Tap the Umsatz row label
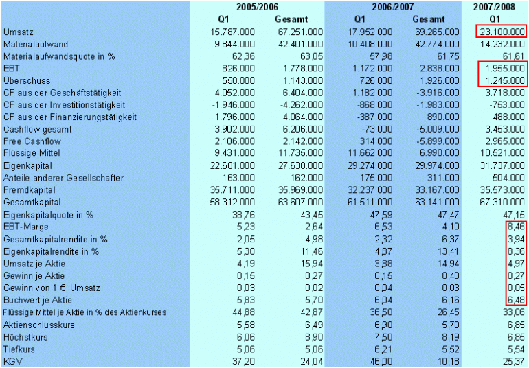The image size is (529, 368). [x=19, y=32]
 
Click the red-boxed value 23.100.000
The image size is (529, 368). [x=501, y=32]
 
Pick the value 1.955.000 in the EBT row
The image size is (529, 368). [x=504, y=69]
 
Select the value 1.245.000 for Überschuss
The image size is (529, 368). [x=504, y=81]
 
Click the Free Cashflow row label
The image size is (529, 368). [x=32, y=141]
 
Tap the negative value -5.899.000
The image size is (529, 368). [x=435, y=141]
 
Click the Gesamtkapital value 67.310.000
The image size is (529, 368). [x=501, y=202]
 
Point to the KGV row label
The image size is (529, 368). [x=12, y=360]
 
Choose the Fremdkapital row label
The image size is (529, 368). [x=28, y=190]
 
